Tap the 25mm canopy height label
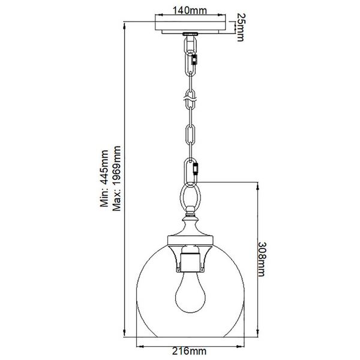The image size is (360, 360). tap(241, 27)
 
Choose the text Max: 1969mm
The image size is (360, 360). tap(117, 181)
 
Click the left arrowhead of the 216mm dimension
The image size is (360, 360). tap(139, 346)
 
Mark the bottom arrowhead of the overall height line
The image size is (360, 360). tap(125, 334)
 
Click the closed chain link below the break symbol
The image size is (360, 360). tap(191, 133)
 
